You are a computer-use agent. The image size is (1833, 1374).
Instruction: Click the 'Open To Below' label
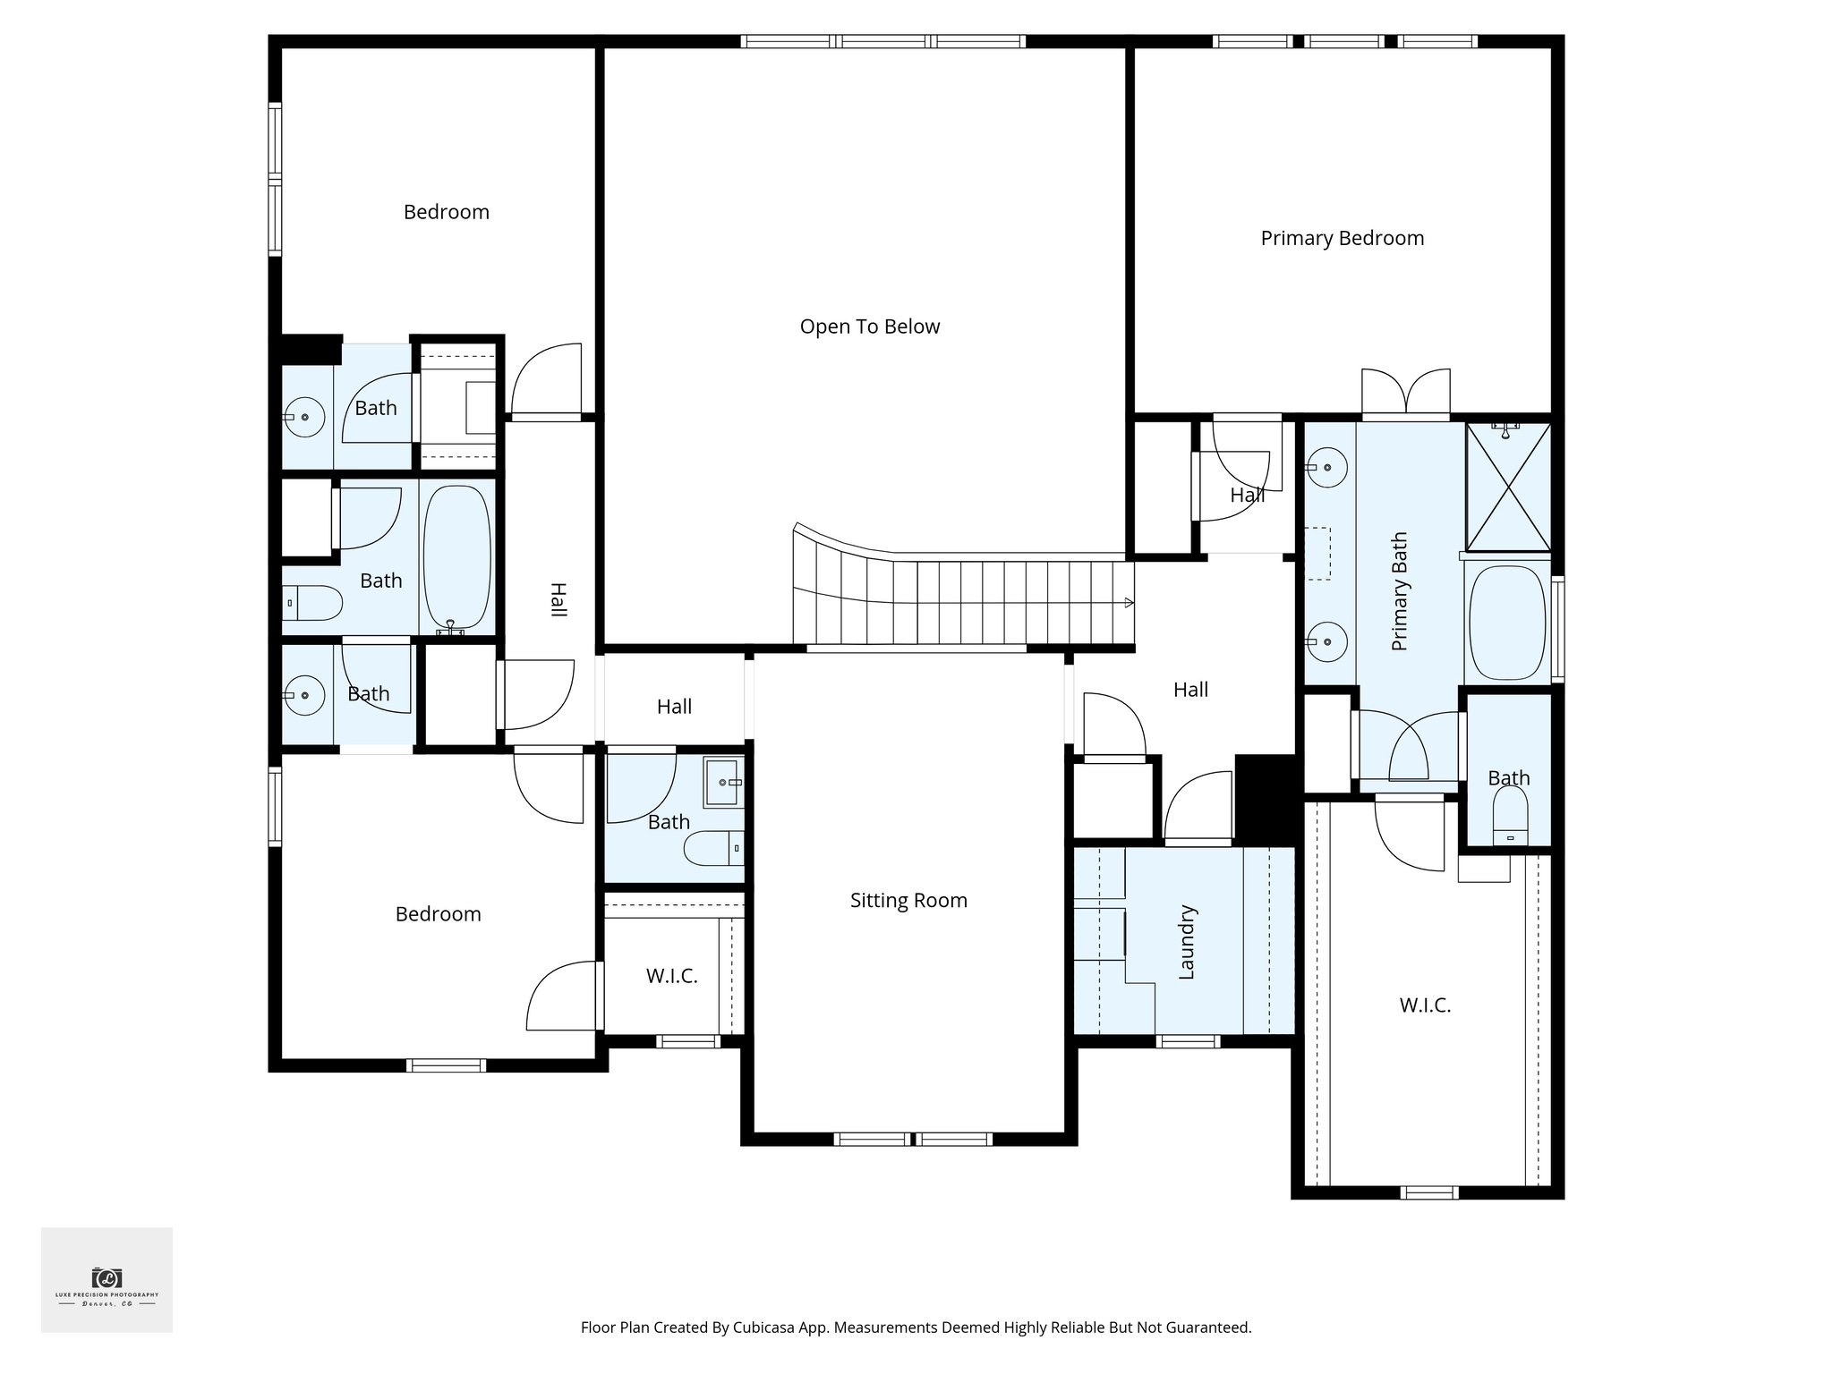tap(869, 327)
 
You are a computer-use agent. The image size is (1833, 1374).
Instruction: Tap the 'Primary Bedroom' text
tap(1342, 238)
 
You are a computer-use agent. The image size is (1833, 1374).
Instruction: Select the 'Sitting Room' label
tap(908, 900)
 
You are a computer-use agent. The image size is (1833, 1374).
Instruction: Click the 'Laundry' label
tap(1187, 942)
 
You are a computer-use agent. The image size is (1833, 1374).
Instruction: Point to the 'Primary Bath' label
tap(1400, 591)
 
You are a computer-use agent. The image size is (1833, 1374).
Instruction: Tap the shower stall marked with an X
tap(1508, 488)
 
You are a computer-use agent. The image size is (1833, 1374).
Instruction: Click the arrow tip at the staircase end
tap(1130, 603)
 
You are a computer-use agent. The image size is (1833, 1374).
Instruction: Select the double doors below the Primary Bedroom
tap(1405, 393)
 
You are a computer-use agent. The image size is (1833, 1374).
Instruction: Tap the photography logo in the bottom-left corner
tap(107, 1280)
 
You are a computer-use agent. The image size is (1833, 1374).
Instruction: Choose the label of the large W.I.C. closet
tap(1425, 1005)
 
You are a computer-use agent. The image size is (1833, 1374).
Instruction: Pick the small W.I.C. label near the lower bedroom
tap(671, 976)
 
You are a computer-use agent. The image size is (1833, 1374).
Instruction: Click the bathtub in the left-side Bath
tap(456, 558)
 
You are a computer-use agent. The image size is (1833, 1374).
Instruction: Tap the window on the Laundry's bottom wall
tap(1188, 1041)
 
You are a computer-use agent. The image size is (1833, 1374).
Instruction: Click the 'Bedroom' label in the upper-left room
tap(446, 212)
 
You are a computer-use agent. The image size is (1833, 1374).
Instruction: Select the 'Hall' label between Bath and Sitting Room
tap(674, 707)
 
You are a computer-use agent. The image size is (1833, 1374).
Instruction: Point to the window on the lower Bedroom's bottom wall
tap(446, 1065)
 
